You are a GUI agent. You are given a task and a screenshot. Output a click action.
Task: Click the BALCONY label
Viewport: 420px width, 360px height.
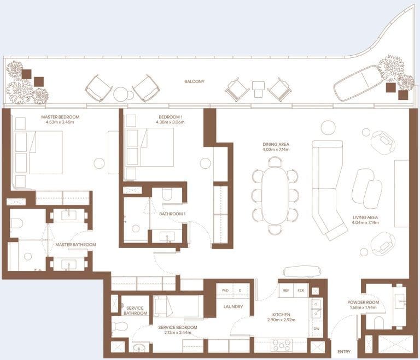(194, 81)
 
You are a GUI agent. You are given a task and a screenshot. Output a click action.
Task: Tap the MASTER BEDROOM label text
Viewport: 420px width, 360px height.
(60, 117)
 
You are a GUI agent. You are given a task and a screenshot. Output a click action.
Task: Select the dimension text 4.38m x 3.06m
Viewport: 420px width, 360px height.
(171, 122)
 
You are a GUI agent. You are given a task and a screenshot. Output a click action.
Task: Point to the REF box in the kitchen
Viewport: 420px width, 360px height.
(286, 291)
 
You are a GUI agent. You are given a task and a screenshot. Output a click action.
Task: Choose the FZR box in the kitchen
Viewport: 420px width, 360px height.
(301, 291)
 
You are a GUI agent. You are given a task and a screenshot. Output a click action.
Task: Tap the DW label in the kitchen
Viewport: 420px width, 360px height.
(316, 329)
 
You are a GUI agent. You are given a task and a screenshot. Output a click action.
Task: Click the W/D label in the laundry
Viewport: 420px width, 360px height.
(225, 291)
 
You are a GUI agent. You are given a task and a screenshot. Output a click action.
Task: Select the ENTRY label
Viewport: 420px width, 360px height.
(344, 352)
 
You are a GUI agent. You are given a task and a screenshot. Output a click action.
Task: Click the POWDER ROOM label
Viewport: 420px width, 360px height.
(363, 302)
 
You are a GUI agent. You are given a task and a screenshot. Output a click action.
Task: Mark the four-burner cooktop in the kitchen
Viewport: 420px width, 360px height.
(282, 345)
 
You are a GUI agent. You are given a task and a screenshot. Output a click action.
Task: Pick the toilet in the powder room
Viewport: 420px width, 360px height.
(379, 322)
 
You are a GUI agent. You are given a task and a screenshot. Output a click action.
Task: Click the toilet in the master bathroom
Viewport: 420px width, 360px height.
(16, 223)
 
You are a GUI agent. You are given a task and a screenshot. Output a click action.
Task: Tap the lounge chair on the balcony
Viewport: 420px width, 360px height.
(358, 83)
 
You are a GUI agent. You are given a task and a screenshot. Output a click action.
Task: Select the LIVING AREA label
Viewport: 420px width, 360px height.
(365, 217)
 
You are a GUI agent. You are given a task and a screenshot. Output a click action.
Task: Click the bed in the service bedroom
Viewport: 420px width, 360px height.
(178, 306)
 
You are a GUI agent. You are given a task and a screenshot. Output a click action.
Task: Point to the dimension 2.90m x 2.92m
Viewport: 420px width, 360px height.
(281, 320)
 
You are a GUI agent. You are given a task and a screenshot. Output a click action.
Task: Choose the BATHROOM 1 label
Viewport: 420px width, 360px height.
(172, 214)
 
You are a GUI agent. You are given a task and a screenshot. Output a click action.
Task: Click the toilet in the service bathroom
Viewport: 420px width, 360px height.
(118, 327)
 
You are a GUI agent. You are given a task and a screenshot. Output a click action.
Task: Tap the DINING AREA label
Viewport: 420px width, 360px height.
(276, 144)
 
